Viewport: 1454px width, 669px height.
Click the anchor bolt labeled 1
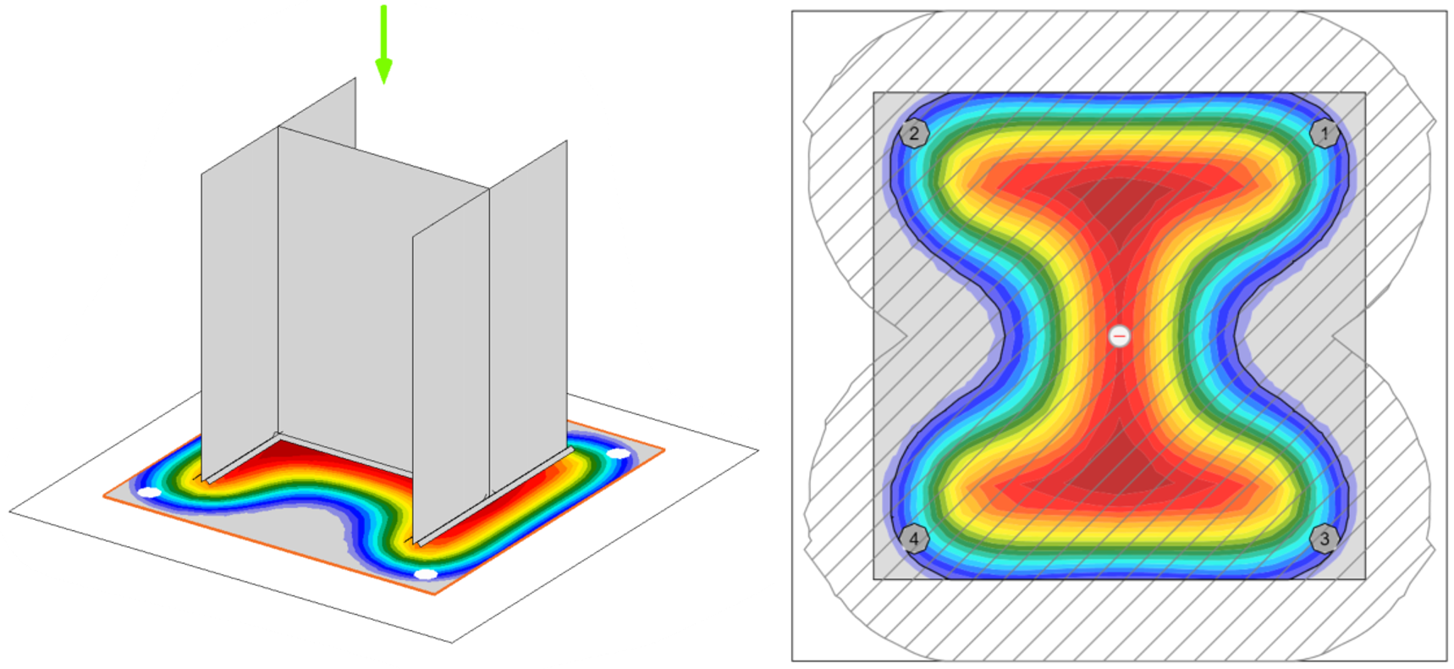[1325, 133]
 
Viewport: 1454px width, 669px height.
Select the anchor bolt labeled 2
[914, 133]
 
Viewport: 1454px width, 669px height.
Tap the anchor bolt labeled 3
[1325, 538]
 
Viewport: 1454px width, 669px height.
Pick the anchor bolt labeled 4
[914, 538]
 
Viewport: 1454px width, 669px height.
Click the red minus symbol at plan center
[1120, 336]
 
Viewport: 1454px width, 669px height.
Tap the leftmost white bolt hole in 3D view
[150, 492]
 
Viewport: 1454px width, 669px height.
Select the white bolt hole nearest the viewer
[426, 574]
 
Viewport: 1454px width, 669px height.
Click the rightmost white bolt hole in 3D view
[620, 454]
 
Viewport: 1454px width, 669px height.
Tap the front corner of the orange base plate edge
[436, 594]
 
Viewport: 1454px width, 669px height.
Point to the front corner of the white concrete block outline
[452, 642]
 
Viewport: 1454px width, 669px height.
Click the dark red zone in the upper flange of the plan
[1119, 195]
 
